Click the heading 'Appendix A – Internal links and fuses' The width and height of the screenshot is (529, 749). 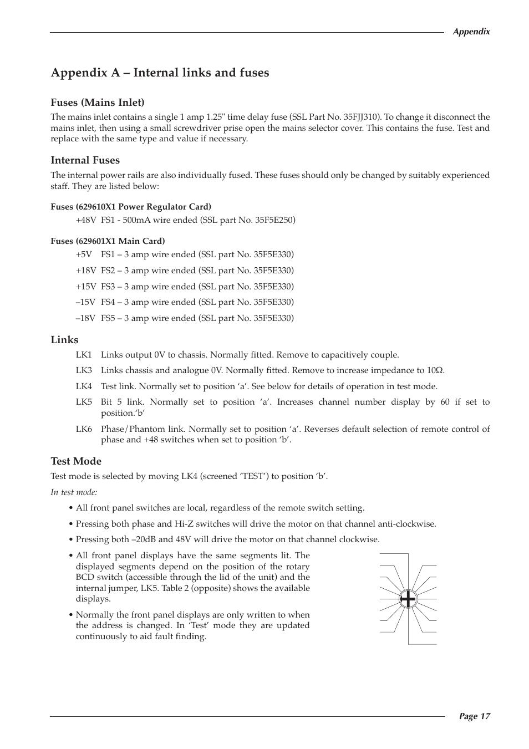tap(160, 73)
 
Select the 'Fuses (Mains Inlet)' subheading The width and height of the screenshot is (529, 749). tap(98, 103)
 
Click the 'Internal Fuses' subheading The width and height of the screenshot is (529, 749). tap(85, 160)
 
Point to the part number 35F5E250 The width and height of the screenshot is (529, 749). tap(274, 220)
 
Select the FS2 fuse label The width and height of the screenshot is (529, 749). tap(108, 271)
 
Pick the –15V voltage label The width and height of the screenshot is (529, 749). tap(85, 302)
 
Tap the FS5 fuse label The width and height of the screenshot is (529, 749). tap(108, 318)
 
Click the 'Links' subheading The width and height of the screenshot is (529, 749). tap(64, 340)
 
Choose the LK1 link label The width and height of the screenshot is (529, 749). tap(84, 355)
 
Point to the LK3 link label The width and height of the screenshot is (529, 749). tap(84, 370)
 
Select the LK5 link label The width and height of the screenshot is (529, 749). tap(84, 402)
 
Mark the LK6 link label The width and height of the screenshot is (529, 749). tap(84, 429)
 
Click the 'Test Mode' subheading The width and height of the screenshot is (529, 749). tap(76, 461)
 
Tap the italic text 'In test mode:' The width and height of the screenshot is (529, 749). tap(74, 492)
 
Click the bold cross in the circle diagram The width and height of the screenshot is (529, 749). tap(408, 599)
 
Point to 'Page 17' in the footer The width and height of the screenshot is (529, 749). tap(474, 716)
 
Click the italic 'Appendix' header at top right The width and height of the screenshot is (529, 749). tap(471, 32)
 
